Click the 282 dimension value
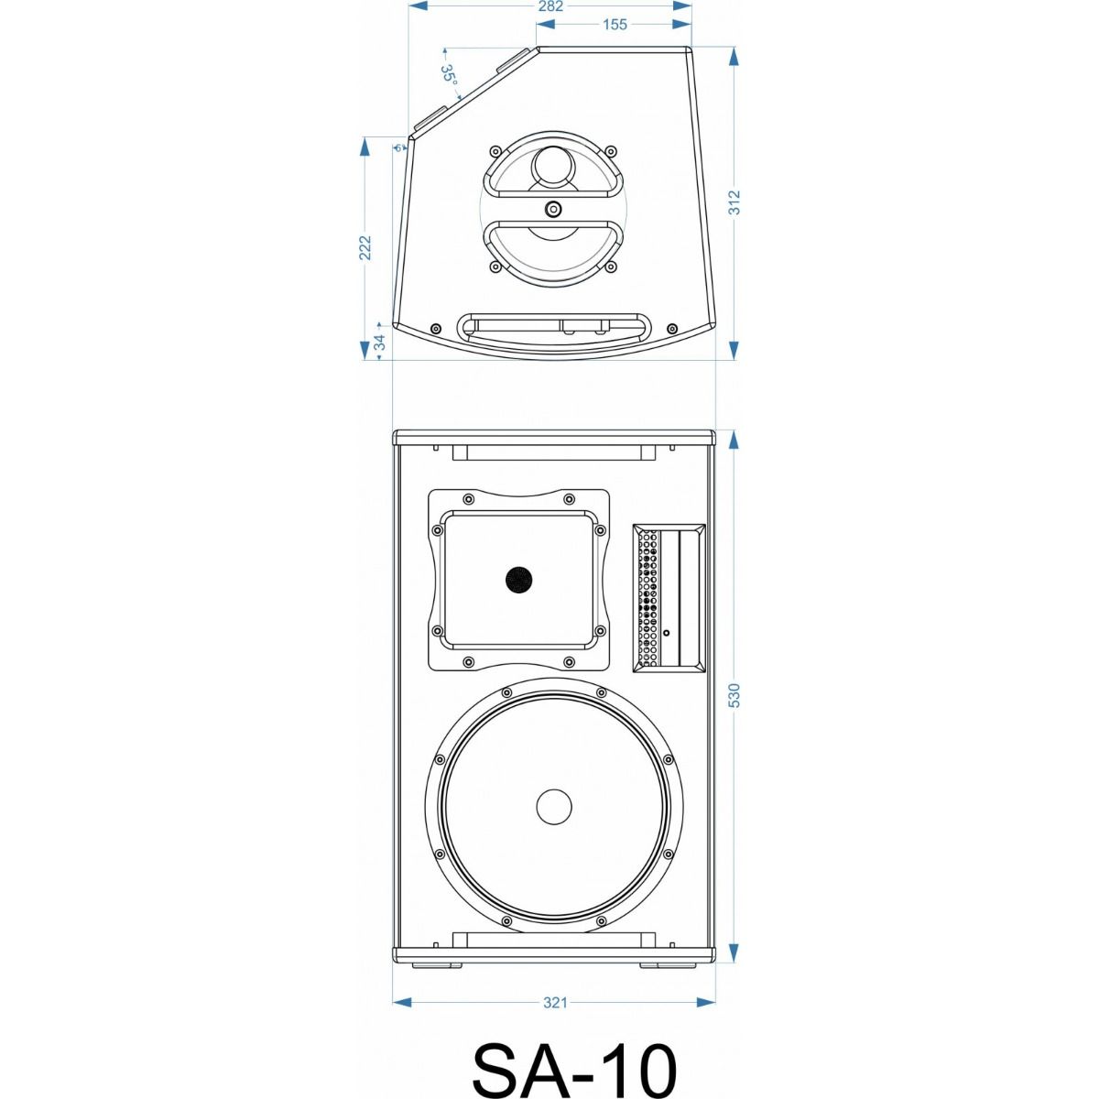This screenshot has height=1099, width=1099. coord(550,6)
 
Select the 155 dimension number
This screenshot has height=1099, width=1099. coord(615,25)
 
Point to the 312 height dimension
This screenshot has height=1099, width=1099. coord(734,201)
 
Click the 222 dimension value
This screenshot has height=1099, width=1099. coord(365,247)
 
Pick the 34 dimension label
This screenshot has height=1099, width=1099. coord(380,343)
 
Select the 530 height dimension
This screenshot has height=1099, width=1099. coord(734,695)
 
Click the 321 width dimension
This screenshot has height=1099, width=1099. coord(554,1003)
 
